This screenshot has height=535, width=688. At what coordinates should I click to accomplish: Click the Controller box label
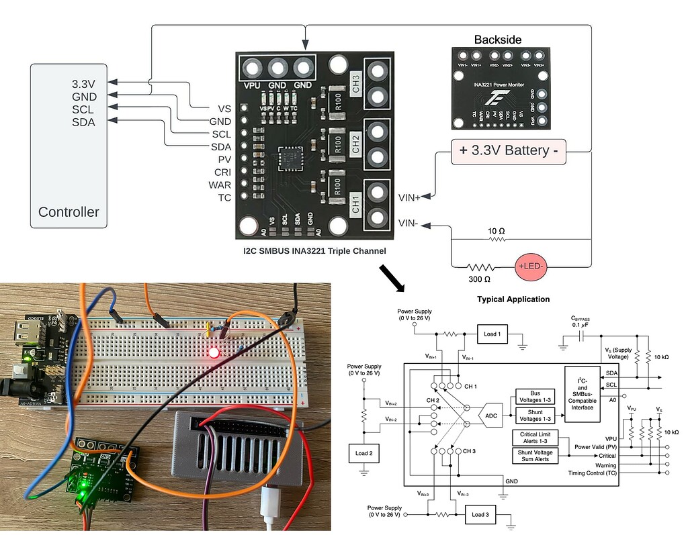pos(69,212)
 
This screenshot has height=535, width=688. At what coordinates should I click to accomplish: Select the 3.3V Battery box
pos(509,150)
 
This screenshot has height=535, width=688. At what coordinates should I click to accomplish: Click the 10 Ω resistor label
pos(497,231)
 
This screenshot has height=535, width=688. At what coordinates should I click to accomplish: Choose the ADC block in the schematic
pos(489,416)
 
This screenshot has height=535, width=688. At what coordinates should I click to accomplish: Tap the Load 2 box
pos(364,453)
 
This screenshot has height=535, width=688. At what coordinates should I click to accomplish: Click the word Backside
pos(497,40)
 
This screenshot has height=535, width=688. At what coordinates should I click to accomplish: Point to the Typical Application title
pos(513,299)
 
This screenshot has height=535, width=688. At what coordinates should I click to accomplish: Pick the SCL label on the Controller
pos(83,109)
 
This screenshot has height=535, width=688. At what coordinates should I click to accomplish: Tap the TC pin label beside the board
pos(224,197)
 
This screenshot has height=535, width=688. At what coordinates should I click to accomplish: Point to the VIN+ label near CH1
pos(409,197)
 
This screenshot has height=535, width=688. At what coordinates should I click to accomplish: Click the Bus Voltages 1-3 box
pos(535,395)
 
